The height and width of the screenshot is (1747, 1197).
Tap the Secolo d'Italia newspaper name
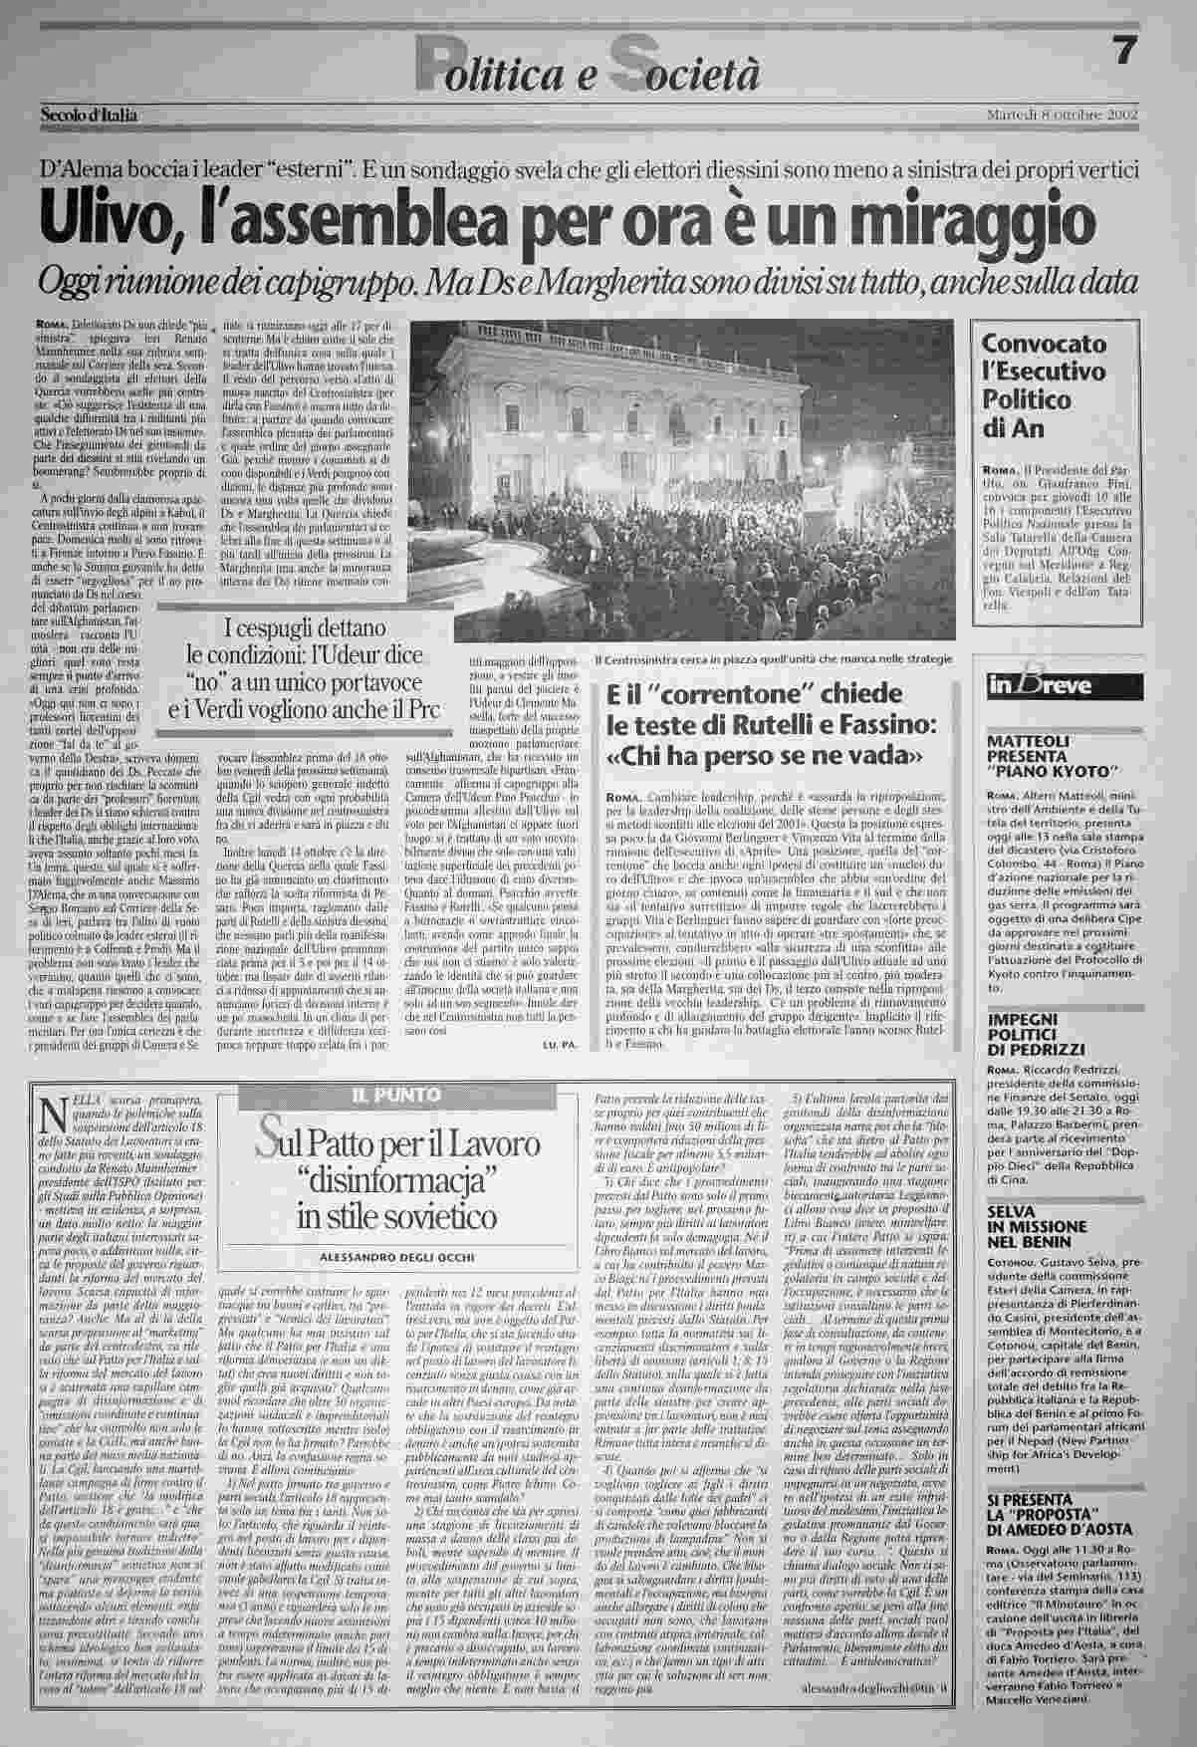(x=90, y=115)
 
